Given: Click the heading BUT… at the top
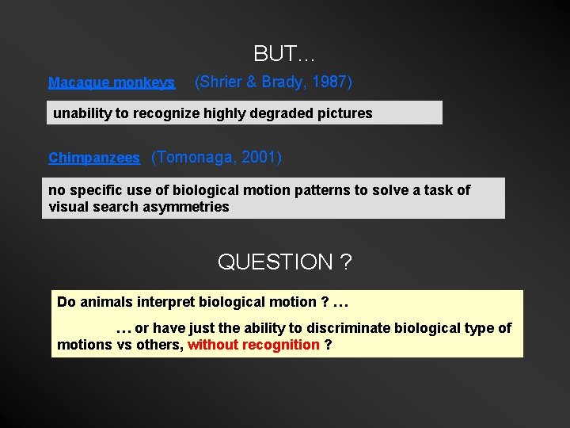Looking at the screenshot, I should [x=284, y=54].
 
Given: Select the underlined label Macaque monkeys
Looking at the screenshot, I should [x=112, y=82].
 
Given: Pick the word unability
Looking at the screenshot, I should [x=82, y=113].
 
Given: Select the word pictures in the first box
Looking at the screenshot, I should [x=343, y=113].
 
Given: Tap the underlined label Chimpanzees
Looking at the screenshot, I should [x=94, y=159].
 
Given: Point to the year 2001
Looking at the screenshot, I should [x=258, y=157].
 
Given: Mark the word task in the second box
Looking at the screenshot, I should [x=435, y=190].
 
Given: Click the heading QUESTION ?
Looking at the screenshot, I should [x=284, y=262].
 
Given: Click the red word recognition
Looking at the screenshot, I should [x=280, y=345].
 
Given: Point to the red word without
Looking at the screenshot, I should [x=212, y=345].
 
